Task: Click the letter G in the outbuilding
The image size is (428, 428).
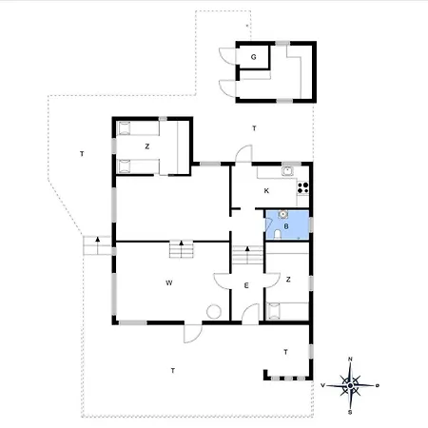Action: [x=254, y=57]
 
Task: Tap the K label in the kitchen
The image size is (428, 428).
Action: [x=266, y=191]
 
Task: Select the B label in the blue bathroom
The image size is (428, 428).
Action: [x=286, y=226]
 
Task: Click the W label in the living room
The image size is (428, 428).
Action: [x=169, y=282]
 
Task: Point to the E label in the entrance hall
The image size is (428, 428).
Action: [x=246, y=285]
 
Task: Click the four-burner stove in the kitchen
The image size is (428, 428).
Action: [x=302, y=187]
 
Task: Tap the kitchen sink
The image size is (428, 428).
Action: [x=287, y=171]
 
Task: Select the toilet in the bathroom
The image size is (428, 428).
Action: [x=278, y=234]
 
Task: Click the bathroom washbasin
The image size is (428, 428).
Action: [x=282, y=215]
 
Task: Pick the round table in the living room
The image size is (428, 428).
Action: [x=214, y=311]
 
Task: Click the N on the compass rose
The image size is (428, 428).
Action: [x=350, y=360]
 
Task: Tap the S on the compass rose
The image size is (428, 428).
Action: [x=350, y=412]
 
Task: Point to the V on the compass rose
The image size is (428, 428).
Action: [x=322, y=385]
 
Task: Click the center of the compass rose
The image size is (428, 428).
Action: [x=350, y=385]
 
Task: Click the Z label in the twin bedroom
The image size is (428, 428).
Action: [x=146, y=146]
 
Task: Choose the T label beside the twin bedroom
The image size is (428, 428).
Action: [x=82, y=154]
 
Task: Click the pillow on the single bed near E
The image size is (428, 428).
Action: [x=274, y=311]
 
